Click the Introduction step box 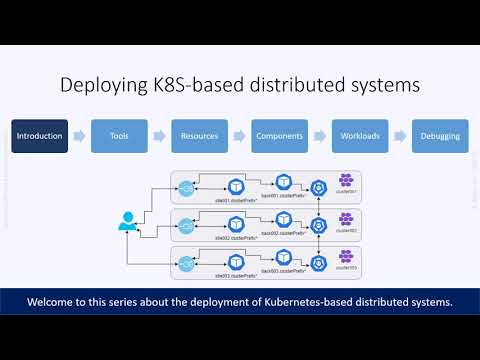pyautogui.click(x=40, y=136)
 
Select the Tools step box pyautogui.click(x=120, y=136)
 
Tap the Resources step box pyautogui.click(x=200, y=136)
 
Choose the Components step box pyautogui.click(x=280, y=136)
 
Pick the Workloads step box pyautogui.click(x=360, y=136)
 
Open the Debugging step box pyautogui.click(x=440, y=136)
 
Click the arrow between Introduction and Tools pyautogui.click(x=80, y=136)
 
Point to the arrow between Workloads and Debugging pyautogui.click(x=400, y=136)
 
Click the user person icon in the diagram pyautogui.click(x=129, y=222)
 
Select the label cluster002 pyautogui.click(x=347, y=231)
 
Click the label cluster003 pyautogui.click(x=347, y=269)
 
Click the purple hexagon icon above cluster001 pyautogui.click(x=346, y=181)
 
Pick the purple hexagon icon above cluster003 pyautogui.click(x=346, y=257)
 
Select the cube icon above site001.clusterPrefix pyautogui.click(x=236, y=185)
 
